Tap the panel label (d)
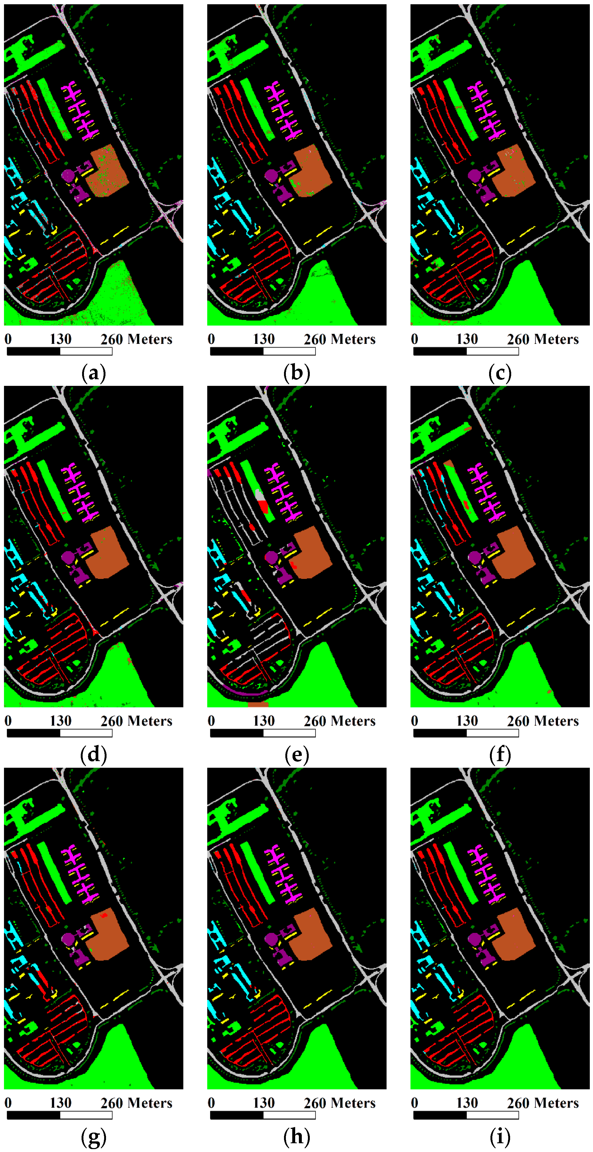click(x=94, y=755)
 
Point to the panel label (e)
click(x=297, y=755)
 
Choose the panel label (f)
click(x=500, y=755)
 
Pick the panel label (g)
click(x=94, y=1137)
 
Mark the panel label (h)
click(x=297, y=1137)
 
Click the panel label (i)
click(x=500, y=1137)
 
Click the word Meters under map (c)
click(x=559, y=339)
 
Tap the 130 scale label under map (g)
click(x=60, y=1103)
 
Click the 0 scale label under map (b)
click(x=211, y=339)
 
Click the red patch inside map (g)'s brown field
click(x=104, y=915)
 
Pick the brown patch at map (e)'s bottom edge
click(x=258, y=705)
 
